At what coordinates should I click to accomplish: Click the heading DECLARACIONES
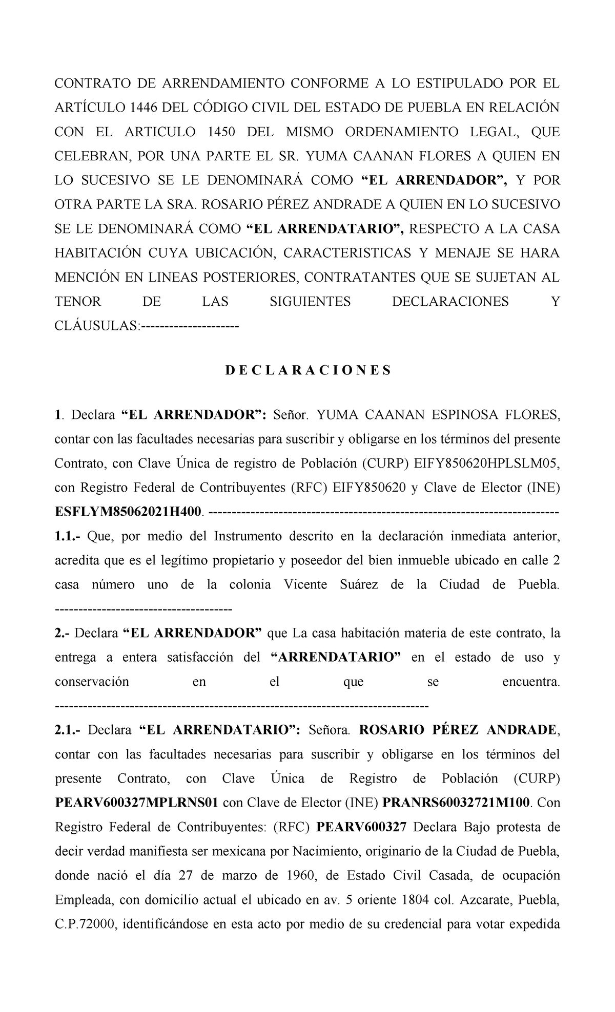click(x=307, y=370)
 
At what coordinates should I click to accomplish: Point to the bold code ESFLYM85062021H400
click(x=129, y=512)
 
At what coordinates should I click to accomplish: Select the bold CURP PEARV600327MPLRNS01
click(x=137, y=803)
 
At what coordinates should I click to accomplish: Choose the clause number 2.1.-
click(x=69, y=730)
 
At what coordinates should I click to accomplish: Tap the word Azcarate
click(x=486, y=900)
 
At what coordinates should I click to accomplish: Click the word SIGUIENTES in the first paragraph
click(x=310, y=302)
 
